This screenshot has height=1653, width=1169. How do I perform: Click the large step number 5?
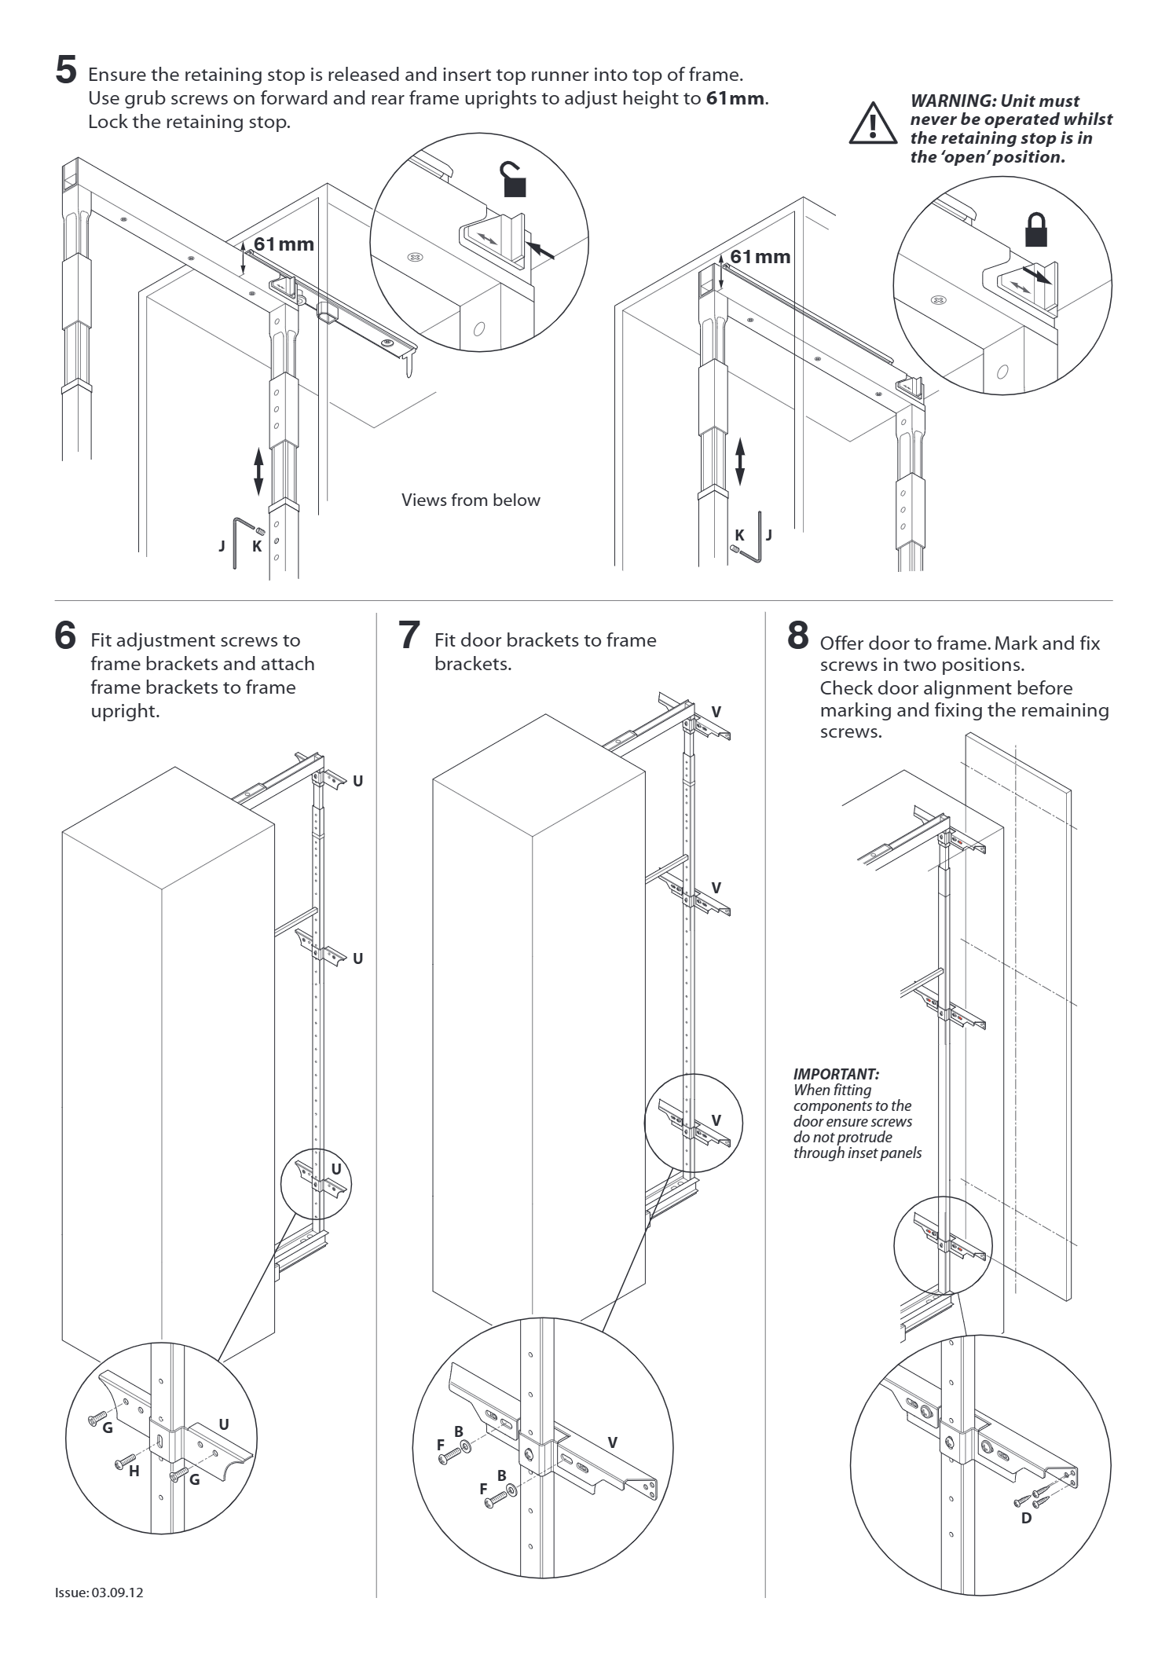66,69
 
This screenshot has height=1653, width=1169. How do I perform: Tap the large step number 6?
66,635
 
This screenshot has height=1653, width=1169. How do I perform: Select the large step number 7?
409,635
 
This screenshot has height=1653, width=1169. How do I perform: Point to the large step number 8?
797,635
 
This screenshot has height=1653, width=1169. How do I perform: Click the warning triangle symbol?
872,124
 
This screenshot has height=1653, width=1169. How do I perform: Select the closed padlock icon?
1036,230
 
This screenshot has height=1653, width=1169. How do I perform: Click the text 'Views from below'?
471,500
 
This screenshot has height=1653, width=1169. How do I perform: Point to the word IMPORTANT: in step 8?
836,1074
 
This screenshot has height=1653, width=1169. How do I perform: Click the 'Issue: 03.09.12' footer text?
99,1593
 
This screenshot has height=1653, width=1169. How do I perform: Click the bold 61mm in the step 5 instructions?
735,99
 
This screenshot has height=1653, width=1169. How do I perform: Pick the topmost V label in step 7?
716,712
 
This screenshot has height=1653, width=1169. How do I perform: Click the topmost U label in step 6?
358,781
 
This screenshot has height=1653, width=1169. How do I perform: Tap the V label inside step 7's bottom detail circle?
613,1442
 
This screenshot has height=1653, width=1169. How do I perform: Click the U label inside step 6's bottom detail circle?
224,1424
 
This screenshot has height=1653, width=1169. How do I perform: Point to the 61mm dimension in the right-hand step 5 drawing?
760,257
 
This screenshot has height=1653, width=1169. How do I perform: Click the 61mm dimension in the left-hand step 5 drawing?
284,244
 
